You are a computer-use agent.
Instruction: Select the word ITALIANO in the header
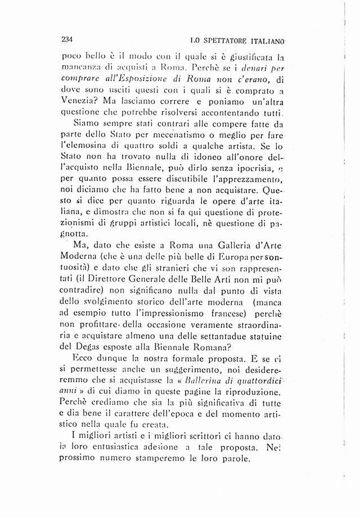tap(266, 41)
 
